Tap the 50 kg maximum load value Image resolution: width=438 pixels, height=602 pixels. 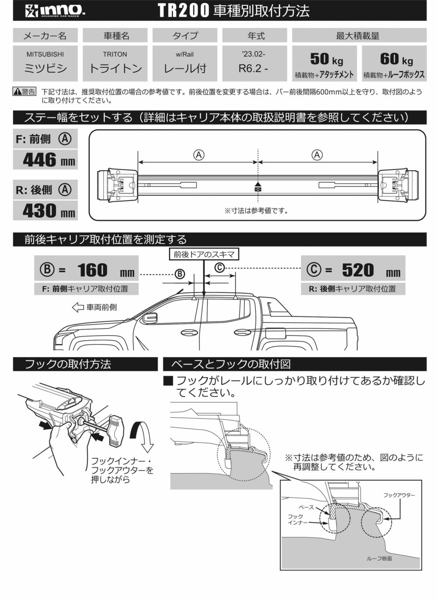pyautogui.click(x=326, y=59)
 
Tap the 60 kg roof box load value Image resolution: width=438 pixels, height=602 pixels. pyautogui.click(x=396, y=59)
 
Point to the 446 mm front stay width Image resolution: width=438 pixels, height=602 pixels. pyautogui.click(x=49, y=160)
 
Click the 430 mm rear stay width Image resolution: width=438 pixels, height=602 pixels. pyautogui.click(x=49, y=211)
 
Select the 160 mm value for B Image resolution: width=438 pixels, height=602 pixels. pyautogui.click(x=93, y=270)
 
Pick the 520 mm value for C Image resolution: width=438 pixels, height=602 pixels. pyautogui.click(x=358, y=270)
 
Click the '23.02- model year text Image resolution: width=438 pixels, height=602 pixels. pyautogui.click(x=254, y=54)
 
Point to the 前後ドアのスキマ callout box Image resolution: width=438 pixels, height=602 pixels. pyautogui.click(x=204, y=254)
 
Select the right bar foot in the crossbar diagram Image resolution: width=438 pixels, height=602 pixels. pyautogui.click(x=398, y=186)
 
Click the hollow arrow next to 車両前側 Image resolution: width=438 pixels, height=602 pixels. pyautogui.click(x=78, y=307)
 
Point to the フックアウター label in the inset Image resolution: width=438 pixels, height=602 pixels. pyautogui.click(x=399, y=495)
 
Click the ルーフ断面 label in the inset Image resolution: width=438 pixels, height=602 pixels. pyautogui.click(x=379, y=559)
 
